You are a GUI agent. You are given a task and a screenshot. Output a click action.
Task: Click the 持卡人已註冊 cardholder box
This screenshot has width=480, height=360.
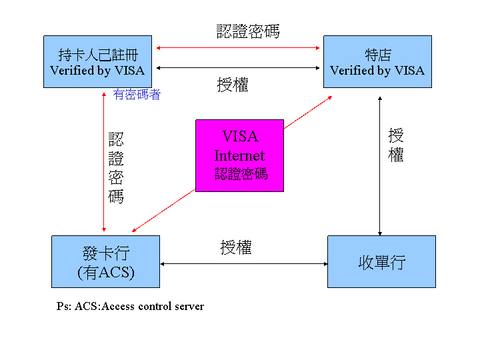pos(97,61)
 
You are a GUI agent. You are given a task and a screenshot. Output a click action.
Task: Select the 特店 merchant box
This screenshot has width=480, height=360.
pos(377,61)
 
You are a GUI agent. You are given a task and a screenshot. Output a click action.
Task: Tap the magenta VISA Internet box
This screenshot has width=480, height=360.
pos(239,155)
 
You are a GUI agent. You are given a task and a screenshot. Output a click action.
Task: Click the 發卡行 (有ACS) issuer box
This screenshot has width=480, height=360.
pos(105,261)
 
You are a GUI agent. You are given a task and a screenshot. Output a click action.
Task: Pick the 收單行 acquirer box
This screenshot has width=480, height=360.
pos(381,261)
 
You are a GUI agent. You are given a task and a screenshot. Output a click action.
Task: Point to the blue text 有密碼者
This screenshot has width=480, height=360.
pos(137,95)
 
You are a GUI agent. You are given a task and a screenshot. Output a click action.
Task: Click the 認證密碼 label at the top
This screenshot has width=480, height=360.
pos(248,31)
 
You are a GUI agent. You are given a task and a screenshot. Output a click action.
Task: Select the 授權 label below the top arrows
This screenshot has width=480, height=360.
pos(233,85)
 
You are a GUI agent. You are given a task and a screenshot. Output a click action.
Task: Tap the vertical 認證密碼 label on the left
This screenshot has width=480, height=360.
pos(116,167)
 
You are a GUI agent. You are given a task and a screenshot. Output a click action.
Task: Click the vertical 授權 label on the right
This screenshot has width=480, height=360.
pos(396,145)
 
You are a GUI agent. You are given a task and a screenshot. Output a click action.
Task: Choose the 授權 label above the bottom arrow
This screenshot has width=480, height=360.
pos(236,247)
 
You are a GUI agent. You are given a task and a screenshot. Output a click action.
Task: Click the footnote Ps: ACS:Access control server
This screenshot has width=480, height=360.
pos(130,307)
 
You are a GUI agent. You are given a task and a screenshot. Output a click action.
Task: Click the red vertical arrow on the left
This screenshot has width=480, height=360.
pos(104,160)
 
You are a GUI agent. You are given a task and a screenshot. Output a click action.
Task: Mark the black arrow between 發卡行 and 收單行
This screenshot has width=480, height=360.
pos(243,264)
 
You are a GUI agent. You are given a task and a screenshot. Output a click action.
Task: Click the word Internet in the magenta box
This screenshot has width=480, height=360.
pos(239,156)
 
